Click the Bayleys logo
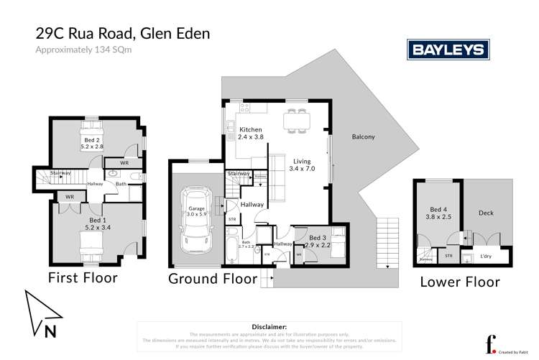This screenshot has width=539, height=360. [x=448, y=50]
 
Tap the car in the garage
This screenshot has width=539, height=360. [x=193, y=216]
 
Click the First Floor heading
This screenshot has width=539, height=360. [x=83, y=277]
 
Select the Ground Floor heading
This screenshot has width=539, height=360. [x=212, y=278]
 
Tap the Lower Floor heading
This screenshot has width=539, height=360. [x=460, y=282]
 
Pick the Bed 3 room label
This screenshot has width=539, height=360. [x=319, y=241]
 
